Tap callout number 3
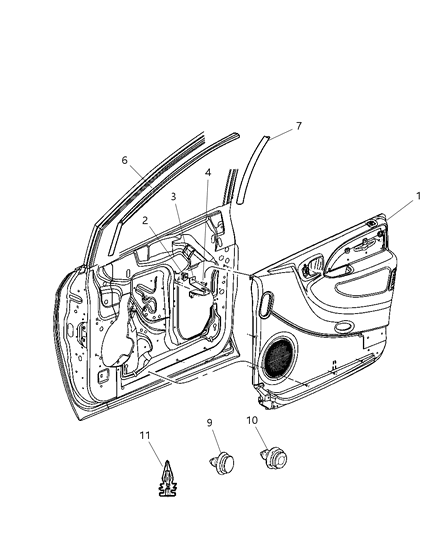[x=173, y=197]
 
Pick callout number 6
[x=125, y=160]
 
